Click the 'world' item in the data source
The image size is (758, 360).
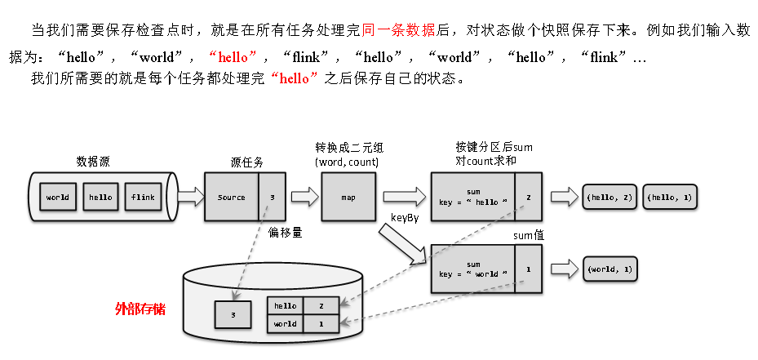click(57, 198)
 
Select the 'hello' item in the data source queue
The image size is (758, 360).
click(100, 198)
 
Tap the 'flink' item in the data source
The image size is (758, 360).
click(143, 198)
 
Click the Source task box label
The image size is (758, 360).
click(232, 198)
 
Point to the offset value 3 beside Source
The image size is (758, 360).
click(272, 198)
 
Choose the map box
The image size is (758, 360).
click(348, 198)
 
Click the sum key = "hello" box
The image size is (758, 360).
click(473, 198)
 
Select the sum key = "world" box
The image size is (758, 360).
click(473, 269)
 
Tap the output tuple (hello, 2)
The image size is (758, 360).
click(609, 198)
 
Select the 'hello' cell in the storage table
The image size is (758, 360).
click(286, 305)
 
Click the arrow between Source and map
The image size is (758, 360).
click(304, 198)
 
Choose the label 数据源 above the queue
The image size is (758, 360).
click(93, 162)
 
